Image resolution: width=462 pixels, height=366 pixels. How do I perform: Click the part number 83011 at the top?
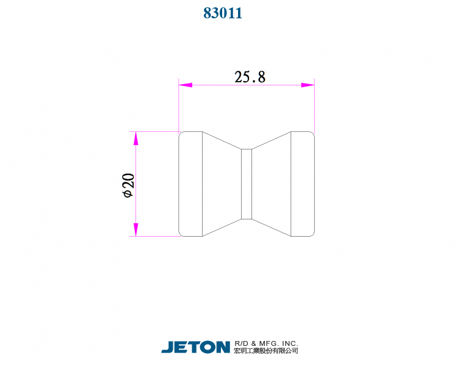click(223, 13)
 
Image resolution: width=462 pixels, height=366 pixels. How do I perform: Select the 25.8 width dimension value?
click(250, 77)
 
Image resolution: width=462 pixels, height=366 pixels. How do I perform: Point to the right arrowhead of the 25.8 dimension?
click(308, 85)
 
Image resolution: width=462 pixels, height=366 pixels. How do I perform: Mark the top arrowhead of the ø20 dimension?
click(135, 138)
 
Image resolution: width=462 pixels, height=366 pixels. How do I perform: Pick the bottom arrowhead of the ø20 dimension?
click(135, 229)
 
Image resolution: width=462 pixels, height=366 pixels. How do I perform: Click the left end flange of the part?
click(190, 184)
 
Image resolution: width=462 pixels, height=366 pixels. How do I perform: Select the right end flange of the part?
click(303, 184)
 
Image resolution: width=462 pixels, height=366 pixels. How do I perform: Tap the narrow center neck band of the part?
click(247, 184)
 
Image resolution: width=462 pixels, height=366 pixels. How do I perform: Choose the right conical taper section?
click(272, 184)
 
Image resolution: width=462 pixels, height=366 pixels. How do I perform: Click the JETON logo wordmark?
click(196, 347)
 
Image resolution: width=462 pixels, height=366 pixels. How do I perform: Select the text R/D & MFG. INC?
click(266, 343)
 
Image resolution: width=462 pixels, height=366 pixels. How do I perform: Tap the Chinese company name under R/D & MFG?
click(266, 351)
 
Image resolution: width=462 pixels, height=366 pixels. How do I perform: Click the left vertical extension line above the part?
click(178, 107)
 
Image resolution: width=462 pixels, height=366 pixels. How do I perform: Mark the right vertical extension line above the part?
click(314, 107)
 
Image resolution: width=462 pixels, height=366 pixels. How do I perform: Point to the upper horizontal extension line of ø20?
click(156, 131)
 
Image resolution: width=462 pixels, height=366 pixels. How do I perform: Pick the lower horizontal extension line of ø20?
click(156, 236)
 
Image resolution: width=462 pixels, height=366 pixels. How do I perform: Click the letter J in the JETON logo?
click(167, 347)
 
